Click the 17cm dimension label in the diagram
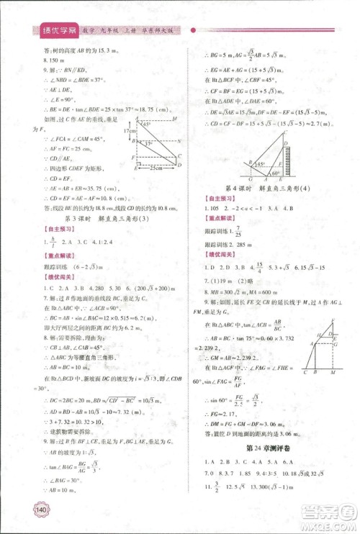pos(125,132)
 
